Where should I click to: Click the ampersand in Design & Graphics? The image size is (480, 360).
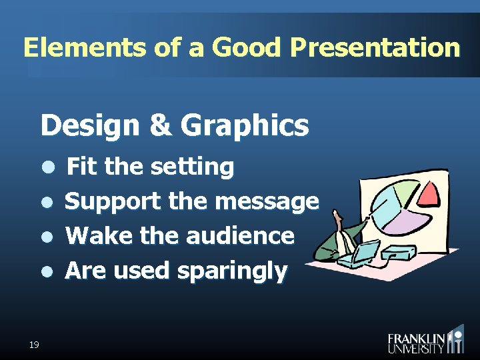tap(160, 125)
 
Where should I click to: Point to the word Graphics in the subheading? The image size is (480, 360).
tap(245, 125)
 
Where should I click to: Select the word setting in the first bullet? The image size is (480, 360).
tap(192, 167)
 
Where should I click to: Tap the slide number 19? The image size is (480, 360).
tap(34, 344)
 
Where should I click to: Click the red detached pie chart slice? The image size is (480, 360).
tap(429, 193)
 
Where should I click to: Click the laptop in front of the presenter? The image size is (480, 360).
tap(367, 252)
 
